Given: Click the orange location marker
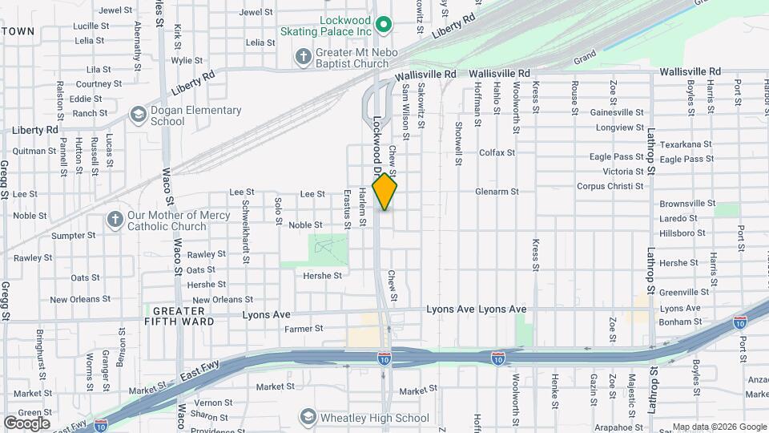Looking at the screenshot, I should tap(385, 192).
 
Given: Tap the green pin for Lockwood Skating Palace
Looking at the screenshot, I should tap(383, 24).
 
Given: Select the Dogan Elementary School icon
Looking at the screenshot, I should tap(138, 116).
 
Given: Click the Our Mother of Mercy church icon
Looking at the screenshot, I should tap(115, 220).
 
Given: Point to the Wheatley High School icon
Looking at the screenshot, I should tap(308, 417).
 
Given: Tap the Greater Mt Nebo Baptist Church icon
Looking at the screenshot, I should tap(304, 55).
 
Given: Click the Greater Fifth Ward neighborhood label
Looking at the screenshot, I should tap(183, 316).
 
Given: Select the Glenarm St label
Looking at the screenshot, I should tap(497, 192).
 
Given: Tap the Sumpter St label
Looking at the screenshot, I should tap(73, 236).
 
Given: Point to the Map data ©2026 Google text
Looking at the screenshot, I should tap(719, 427).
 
